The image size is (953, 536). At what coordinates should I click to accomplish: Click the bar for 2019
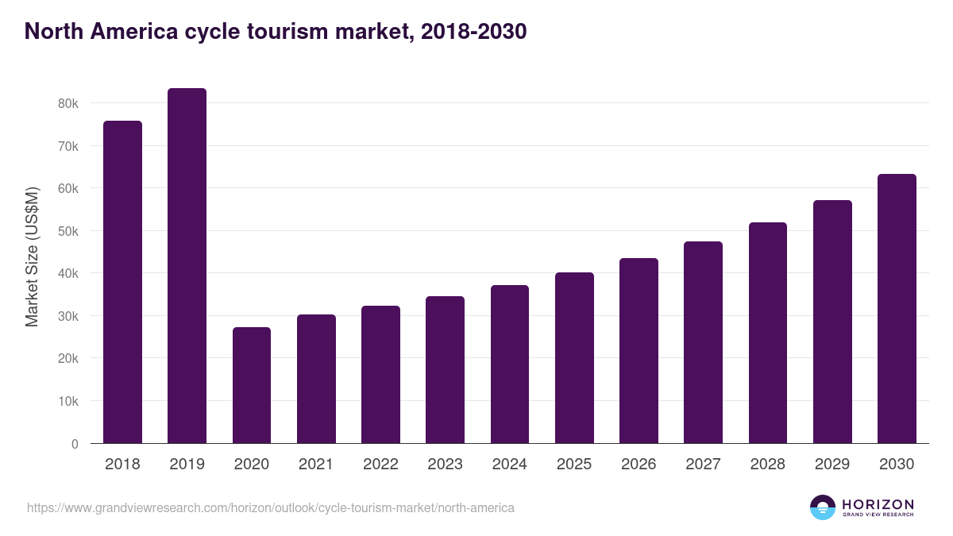coord(187,266)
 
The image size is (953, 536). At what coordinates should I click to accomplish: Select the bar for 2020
coord(252,385)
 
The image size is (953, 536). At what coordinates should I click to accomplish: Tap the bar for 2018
coord(122,282)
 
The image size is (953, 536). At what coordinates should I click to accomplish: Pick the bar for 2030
coord(897,309)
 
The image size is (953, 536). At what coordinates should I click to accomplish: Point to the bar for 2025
coord(574,357)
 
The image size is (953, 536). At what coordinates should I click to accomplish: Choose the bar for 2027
coord(703,342)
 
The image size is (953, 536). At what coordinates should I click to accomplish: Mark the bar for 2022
coord(380,374)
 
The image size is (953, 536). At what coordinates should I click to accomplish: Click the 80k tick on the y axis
coord(68,103)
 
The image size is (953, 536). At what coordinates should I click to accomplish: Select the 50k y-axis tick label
coord(68,231)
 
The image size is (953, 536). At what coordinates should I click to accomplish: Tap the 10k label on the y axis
coord(68,401)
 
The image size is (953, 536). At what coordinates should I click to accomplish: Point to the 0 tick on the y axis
coord(75,444)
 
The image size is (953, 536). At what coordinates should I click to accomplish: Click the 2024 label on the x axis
coord(509,465)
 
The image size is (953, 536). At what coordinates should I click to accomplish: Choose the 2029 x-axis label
coord(832,465)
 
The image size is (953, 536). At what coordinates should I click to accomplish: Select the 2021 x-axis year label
coord(316,465)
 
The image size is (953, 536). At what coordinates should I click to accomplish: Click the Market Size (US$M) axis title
coord(32,256)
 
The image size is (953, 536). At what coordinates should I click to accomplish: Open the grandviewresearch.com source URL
coord(271,507)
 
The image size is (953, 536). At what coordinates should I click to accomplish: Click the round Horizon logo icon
coord(823,507)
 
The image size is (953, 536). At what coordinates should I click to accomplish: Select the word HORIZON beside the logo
coord(878,504)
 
